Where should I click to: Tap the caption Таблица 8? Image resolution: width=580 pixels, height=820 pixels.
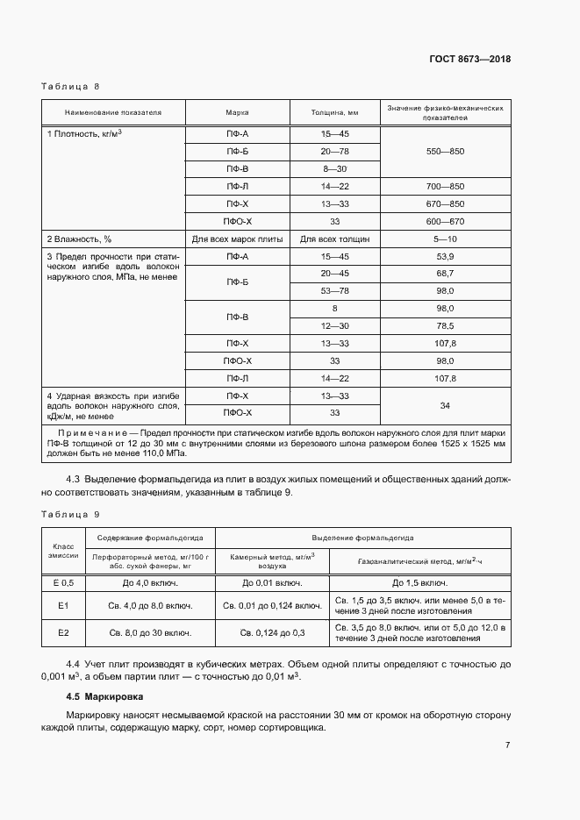[71, 87]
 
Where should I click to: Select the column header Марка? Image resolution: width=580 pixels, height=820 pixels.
[237, 113]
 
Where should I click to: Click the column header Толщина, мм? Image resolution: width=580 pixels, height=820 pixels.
[334, 113]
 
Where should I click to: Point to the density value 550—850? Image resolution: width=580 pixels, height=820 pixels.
[444, 151]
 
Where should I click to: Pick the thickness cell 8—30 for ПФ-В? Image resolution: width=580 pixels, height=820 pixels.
[334, 168]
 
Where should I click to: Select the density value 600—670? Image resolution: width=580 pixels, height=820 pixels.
[444, 221]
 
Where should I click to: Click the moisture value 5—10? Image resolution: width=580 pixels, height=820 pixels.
[444, 239]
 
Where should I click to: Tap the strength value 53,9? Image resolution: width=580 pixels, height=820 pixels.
[444, 256]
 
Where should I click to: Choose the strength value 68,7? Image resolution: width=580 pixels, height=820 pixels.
[444, 274]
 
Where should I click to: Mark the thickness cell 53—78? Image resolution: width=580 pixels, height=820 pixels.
[334, 291]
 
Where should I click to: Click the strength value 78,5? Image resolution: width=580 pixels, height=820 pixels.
[444, 326]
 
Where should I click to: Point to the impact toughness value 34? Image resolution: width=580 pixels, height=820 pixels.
[444, 405]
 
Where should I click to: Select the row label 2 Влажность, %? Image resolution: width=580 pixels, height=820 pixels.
[80, 239]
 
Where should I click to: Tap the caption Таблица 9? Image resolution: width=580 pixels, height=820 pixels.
[71, 513]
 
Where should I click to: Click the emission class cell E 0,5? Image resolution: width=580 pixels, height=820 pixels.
[63, 582]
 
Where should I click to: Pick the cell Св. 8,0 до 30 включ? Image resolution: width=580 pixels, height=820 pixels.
[150, 631]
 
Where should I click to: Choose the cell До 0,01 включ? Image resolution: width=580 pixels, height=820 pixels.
[272, 582]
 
